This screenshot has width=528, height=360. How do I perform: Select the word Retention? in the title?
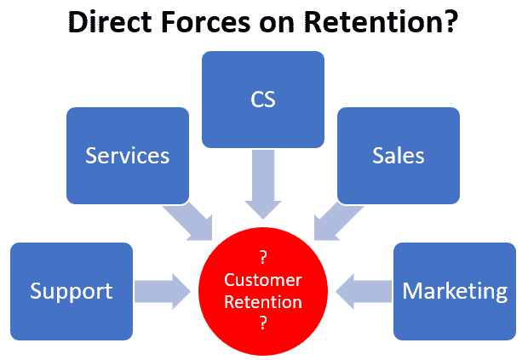pyautogui.click(x=387, y=23)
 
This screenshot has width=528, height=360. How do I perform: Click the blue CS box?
pyautogui.click(x=263, y=98)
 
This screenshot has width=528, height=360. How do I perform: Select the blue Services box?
pyautogui.click(x=128, y=155)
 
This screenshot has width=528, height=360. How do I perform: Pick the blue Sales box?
pyautogui.click(x=399, y=155)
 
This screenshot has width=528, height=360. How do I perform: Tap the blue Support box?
pyautogui.click(x=72, y=291)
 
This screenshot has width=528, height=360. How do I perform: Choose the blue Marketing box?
pyautogui.click(x=455, y=291)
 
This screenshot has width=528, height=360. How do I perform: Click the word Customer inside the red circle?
pyautogui.click(x=263, y=280)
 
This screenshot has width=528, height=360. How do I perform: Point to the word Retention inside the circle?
pyautogui.click(x=263, y=301)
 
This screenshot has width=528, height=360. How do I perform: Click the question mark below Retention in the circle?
pyautogui.click(x=263, y=323)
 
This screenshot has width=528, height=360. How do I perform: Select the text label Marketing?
pyautogui.click(x=455, y=291)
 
